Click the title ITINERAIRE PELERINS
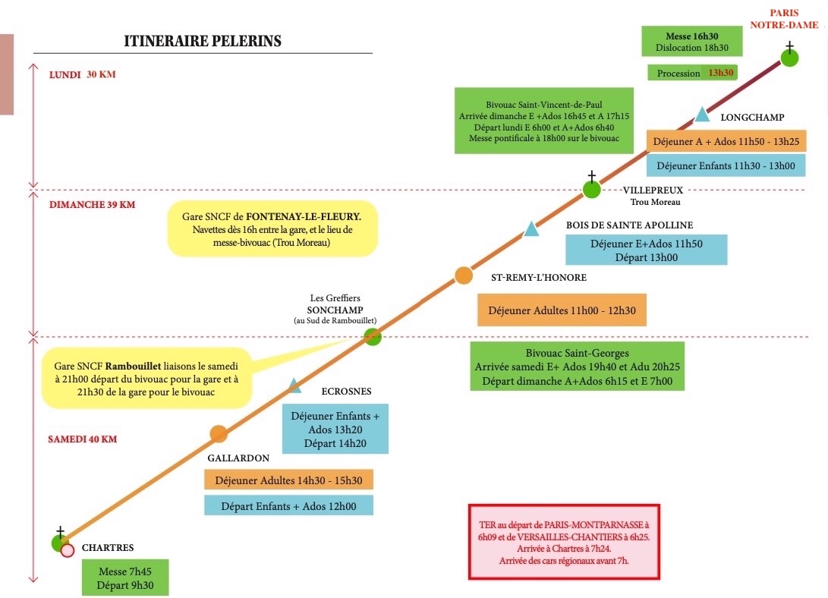pos(202,41)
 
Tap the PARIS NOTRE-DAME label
pos(784,19)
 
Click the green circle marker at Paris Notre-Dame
pos(789,58)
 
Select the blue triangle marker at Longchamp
pos(702,114)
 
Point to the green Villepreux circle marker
pos(591,190)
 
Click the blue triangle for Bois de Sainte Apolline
pos(531,229)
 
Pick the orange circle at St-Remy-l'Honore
pos(464,275)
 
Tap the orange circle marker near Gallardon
pos(219,434)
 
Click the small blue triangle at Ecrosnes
pos(294,386)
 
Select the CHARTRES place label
pos(108,548)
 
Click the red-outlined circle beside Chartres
pos(67,551)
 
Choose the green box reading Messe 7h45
pos(125,578)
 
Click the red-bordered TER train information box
pos(564,542)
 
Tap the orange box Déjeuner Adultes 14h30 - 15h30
pos(289,480)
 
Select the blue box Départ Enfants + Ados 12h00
pos(289,505)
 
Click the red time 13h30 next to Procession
pos(721,73)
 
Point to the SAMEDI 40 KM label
pos(83,439)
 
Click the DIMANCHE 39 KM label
pos(93,205)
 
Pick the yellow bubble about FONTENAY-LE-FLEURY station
pos(272,229)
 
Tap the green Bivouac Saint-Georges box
pos(577,367)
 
